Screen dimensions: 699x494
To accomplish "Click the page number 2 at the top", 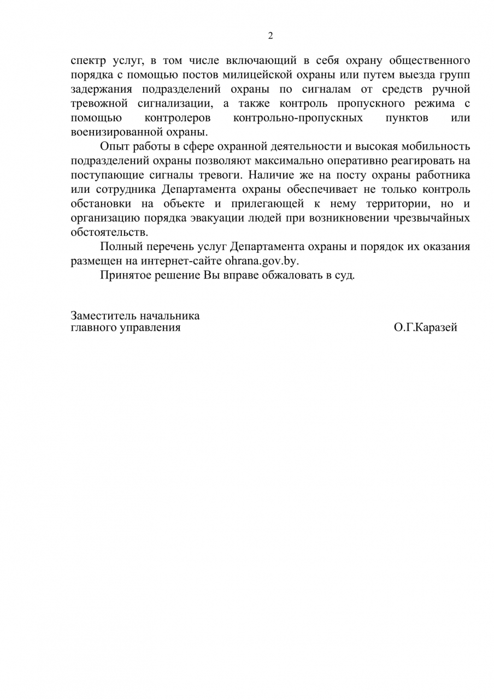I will pos(270,37).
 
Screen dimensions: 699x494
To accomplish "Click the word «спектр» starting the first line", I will pos(87,61).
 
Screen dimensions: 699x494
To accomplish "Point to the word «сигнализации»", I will pos(172,103).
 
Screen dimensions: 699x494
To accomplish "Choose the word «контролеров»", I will pos(178,117).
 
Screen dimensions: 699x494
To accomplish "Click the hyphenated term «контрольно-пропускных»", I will pos(298,117).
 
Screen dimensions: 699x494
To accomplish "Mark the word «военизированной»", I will pos(113,132).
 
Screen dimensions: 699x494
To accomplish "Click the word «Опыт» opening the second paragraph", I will pos(113,146).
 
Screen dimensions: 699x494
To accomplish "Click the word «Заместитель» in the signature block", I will pos(104,316).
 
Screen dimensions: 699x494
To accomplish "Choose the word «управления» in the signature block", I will pos(150,328).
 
